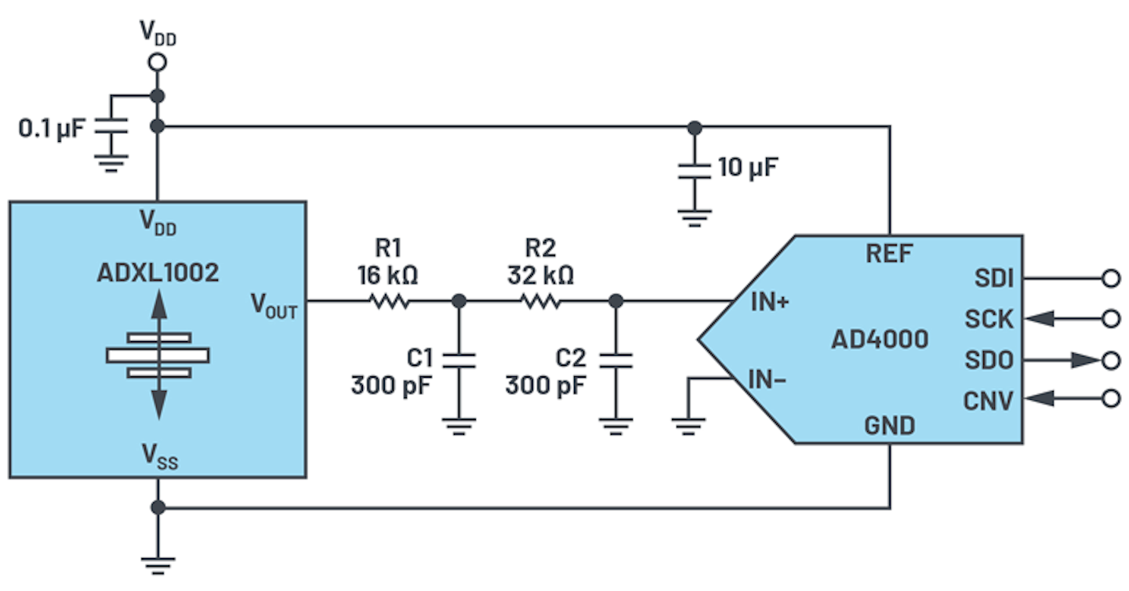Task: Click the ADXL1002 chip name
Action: [x=158, y=273]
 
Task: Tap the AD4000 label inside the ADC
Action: [x=880, y=339]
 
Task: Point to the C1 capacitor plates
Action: [x=459, y=360]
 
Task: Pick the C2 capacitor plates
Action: [x=615, y=360]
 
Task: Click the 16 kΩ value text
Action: [x=387, y=275]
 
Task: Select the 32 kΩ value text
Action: [x=541, y=275]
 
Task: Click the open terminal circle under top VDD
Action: [x=158, y=63]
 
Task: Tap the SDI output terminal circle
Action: [x=1110, y=277]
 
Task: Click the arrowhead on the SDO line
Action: [x=1085, y=360]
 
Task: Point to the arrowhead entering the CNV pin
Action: [x=1038, y=399]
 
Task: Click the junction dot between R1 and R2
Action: [x=459, y=300]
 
